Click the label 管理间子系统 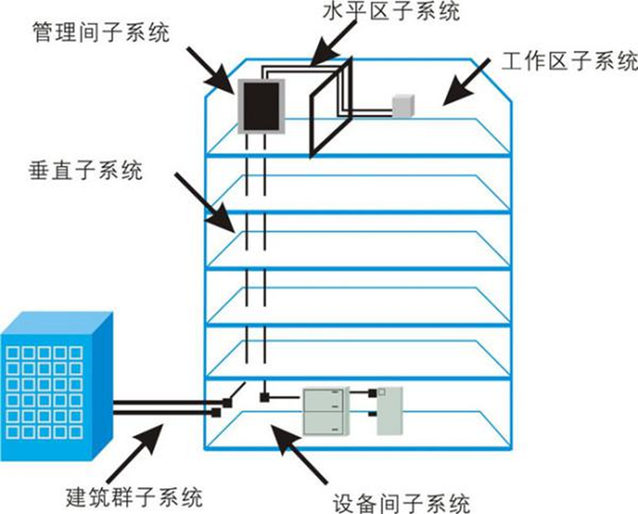click(100, 32)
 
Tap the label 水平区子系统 click(392, 11)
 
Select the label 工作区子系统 click(569, 61)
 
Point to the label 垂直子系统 click(86, 171)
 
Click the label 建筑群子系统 click(134, 497)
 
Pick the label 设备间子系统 click(401, 504)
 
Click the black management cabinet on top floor click(261, 106)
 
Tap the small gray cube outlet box click(403, 106)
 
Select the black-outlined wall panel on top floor click(330, 108)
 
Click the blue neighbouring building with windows click(57, 386)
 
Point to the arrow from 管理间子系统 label click(211, 70)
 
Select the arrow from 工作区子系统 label click(467, 81)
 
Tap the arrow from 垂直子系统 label click(205, 203)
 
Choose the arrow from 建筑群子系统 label click(135, 453)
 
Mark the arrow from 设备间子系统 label click(299, 454)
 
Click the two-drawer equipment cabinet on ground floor click(326, 411)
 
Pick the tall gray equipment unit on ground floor click(389, 411)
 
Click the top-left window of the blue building click(13, 353)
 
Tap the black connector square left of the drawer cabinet click(265, 397)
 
